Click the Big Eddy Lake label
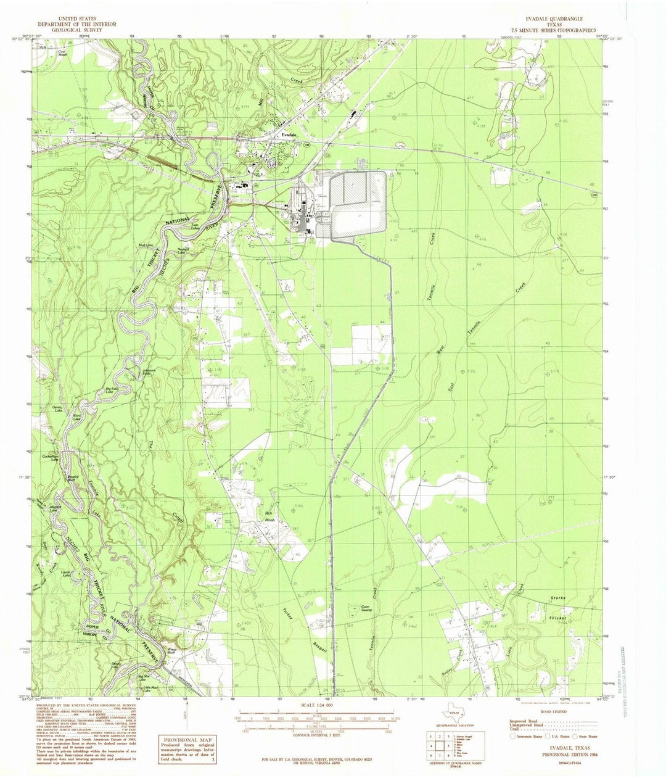[112, 390]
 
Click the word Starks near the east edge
[557, 598]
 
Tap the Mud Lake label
[146, 246]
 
